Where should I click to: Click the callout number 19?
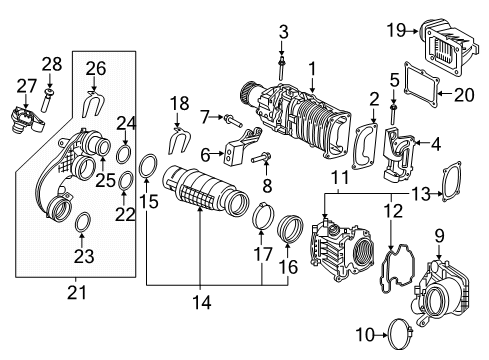(397, 30)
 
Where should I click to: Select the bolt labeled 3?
(282, 68)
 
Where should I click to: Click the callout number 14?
(202, 302)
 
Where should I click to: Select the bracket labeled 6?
(242, 147)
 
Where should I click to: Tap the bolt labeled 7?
(234, 121)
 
